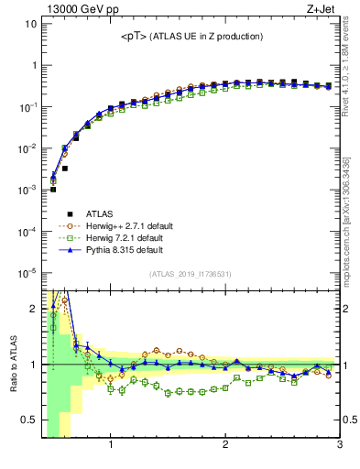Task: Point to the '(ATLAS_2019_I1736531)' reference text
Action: coord(191,274)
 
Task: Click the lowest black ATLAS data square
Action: coord(53,189)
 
